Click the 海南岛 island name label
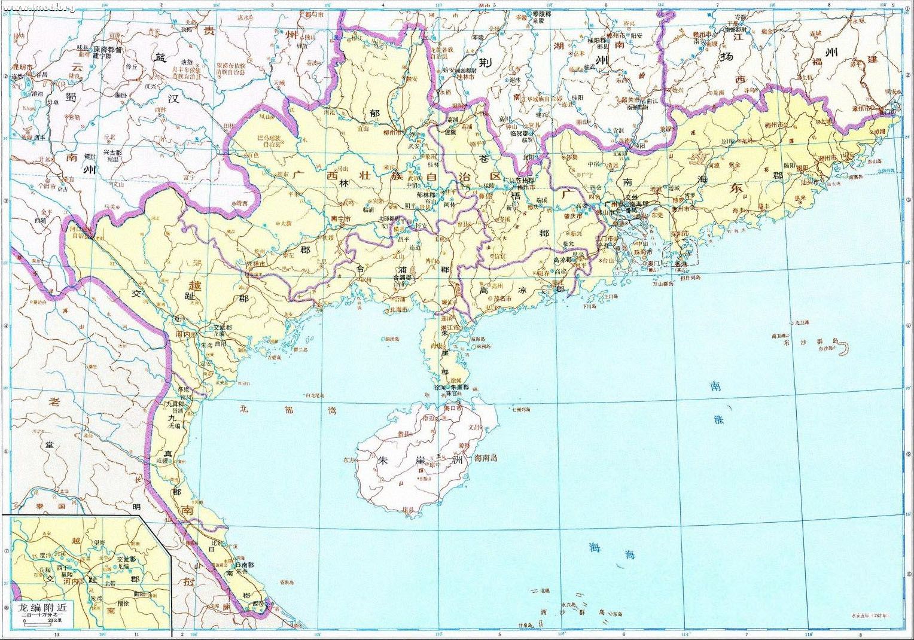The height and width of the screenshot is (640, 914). pos(486,459)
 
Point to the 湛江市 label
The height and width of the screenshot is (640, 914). pos(450,328)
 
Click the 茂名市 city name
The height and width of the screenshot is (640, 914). pos(502,298)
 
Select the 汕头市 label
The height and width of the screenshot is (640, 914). pos(830,182)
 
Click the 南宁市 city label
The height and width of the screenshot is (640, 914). pos(341,219)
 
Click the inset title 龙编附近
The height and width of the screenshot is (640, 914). pos(43,606)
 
